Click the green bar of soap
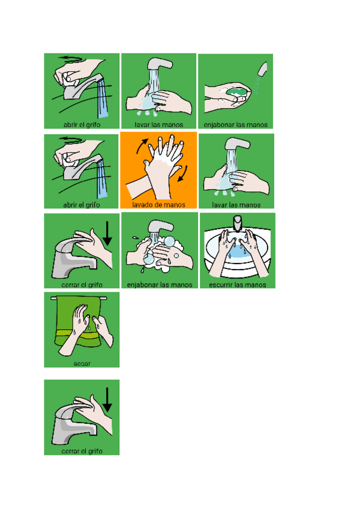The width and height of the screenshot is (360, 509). [237, 92]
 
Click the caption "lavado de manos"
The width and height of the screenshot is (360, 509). [159, 205]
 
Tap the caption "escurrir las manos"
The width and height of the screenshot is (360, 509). [238, 285]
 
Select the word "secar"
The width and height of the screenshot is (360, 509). [82, 364]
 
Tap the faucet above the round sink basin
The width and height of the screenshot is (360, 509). [238, 224]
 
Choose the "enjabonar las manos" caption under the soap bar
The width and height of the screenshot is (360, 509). [236, 125]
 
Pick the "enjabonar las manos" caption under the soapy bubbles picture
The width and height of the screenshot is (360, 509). [160, 285]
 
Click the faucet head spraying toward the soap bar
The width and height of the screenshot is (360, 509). [262, 69]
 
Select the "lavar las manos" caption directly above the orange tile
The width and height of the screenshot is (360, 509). [159, 125]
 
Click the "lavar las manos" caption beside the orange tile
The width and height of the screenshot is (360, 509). [236, 205]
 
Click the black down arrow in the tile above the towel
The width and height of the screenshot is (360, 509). [107, 233]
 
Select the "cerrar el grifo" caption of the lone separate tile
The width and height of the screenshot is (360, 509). [82, 451]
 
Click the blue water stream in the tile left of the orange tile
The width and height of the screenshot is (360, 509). [102, 179]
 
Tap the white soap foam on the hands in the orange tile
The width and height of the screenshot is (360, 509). [163, 158]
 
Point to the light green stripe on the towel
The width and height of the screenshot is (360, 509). [78, 334]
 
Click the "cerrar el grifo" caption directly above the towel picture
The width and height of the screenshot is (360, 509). [82, 285]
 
